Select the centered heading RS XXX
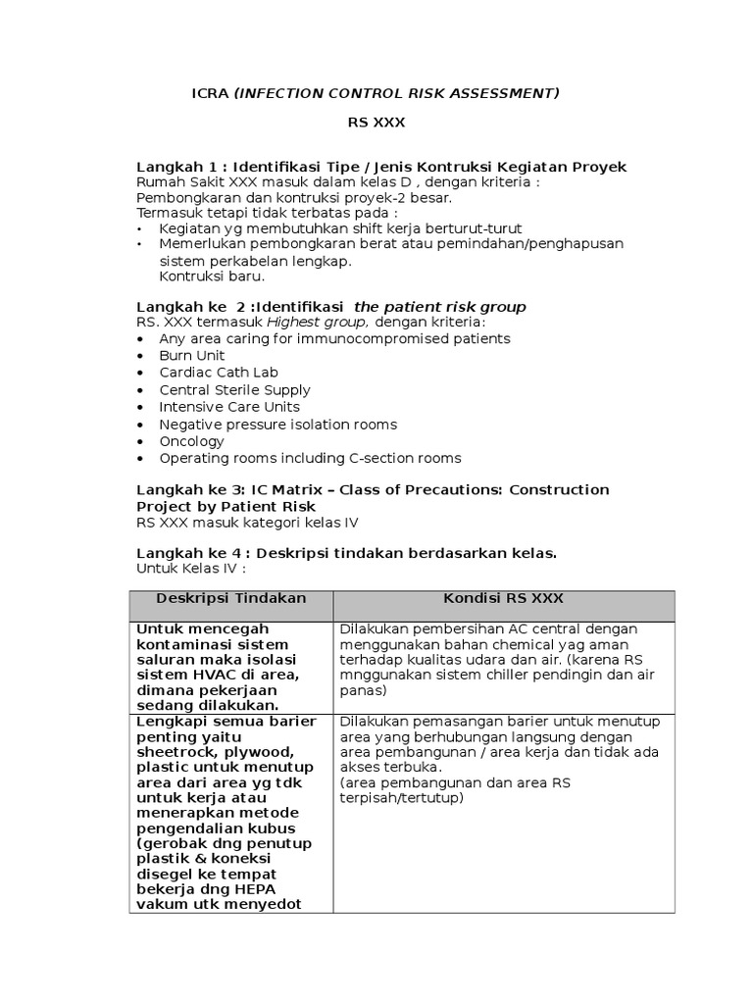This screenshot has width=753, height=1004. tap(376, 123)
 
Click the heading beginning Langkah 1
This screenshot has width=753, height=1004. tap(380, 167)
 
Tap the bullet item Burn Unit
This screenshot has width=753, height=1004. tap(192, 355)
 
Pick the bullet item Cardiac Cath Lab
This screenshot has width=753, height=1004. tap(219, 373)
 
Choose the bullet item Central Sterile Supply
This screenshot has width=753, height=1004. tap(234, 389)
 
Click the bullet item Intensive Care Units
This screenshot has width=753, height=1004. tap(229, 407)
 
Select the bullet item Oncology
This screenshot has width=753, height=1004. tap(191, 441)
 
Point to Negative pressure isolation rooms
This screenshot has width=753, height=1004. tap(277, 425)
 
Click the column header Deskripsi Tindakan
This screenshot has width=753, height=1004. tap(231, 598)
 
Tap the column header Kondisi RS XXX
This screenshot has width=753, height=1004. tap(503, 598)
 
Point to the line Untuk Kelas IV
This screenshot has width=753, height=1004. tap(190, 568)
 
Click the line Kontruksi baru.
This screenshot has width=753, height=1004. tap(205, 277)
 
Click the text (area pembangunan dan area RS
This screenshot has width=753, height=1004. tap(455, 782)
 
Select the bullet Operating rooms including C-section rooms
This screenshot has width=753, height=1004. tap(310, 458)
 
